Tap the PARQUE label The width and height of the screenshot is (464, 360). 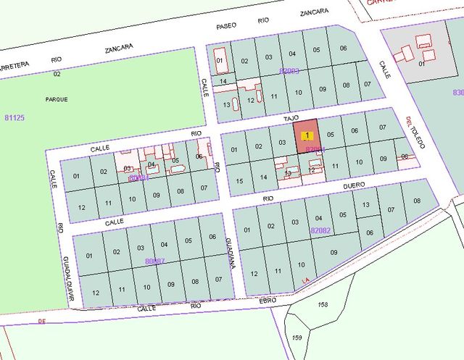click(x=56, y=99)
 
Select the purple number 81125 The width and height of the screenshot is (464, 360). click(x=14, y=117)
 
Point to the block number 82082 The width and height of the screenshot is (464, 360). click(x=320, y=230)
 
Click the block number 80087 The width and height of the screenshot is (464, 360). click(x=155, y=261)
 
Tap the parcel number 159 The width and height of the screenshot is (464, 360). click(x=297, y=338)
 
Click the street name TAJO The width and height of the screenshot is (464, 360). click(x=291, y=116)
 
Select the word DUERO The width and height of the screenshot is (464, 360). click(x=354, y=185)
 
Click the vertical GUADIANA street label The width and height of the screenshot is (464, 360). click(x=229, y=253)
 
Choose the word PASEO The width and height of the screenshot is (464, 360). click(x=227, y=26)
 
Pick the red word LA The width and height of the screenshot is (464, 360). click(x=306, y=280)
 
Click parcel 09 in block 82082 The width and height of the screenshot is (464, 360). click(x=334, y=252)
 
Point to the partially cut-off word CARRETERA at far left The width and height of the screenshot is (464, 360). click(x=13, y=64)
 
